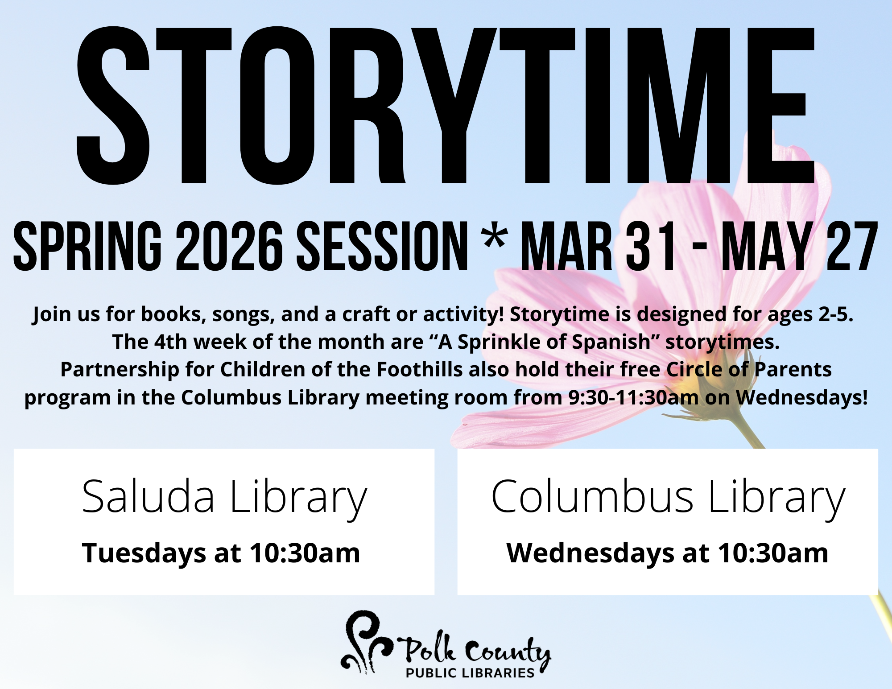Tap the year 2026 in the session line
pyautogui.click(x=229, y=247)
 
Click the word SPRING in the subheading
pyautogui.click(x=87, y=247)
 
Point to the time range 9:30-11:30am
pyautogui.click(x=633, y=397)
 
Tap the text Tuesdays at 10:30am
pyautogui.click(x=221, y=553)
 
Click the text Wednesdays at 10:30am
pyautogui.click(x=667, y=553)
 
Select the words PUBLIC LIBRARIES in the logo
pyautogui.click(x=470, y=673)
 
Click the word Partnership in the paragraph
pyautogui.click(x=120, y=370)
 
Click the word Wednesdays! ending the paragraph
pyautogui.click(x=801, y=398)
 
